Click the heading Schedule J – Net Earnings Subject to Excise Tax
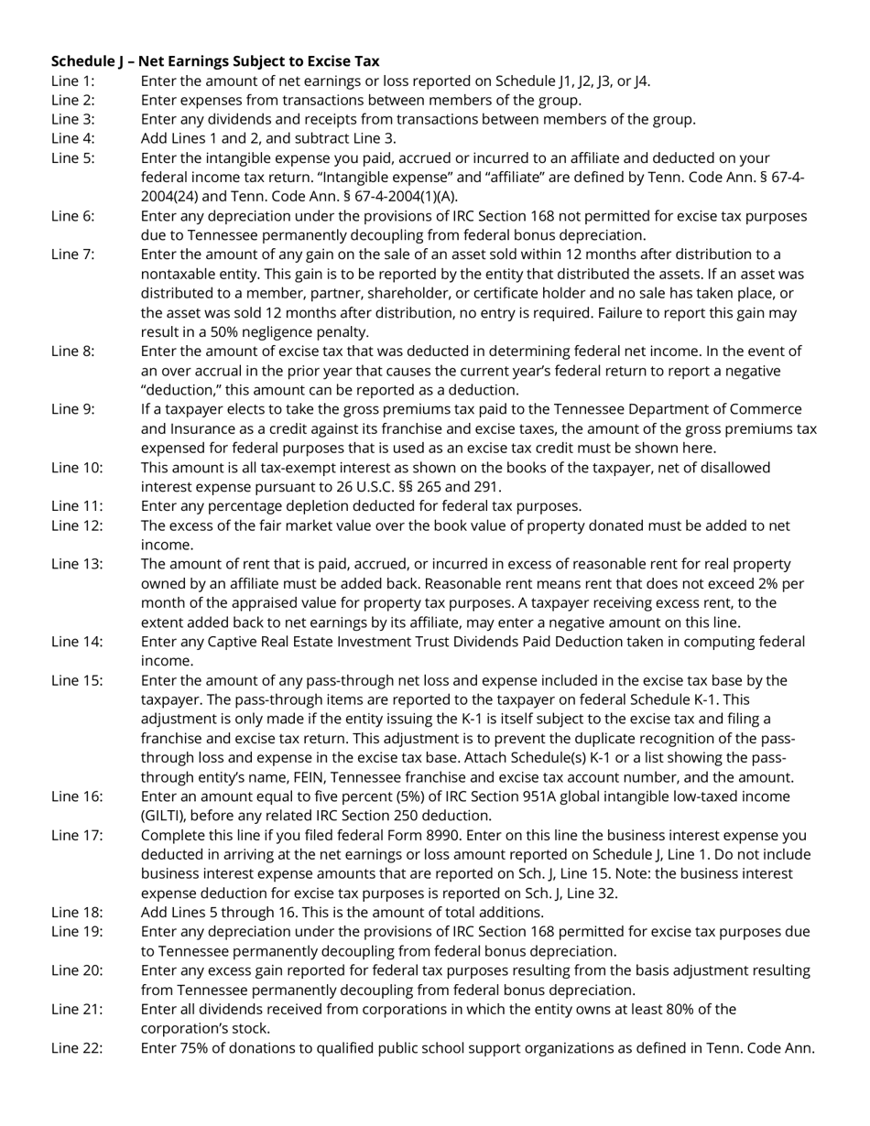coord(215,61)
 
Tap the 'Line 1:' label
coord(72,81)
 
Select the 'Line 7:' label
coord(72,254)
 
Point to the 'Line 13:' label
coord(77,564)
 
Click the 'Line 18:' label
coord(77,912)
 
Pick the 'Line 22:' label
coord(77,1048)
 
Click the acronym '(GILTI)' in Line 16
coord(164,816)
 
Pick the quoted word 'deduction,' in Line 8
coord(183,390)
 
